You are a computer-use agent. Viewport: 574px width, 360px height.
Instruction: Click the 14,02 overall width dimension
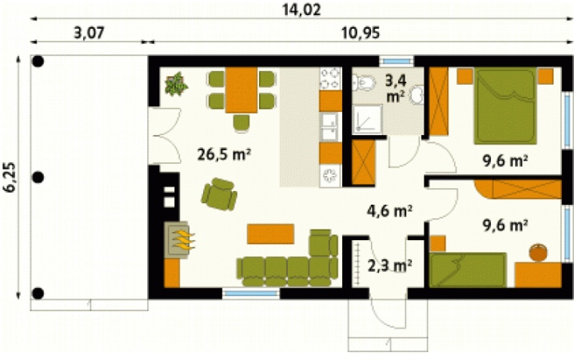301,10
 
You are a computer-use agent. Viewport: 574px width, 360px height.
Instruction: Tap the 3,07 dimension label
90,33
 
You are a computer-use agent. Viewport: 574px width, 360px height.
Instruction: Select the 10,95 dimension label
361,33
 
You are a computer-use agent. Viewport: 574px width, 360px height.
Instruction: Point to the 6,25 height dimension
10,177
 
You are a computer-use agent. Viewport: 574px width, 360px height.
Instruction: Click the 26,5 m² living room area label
224,154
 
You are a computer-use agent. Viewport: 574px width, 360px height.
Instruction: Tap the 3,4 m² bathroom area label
396,88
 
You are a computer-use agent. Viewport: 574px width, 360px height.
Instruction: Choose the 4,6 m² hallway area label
389,211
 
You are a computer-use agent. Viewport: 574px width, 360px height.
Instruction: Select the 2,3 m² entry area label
389,266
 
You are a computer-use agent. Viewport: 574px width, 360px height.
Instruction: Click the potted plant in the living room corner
176,84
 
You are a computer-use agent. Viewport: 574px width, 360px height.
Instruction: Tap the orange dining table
241,90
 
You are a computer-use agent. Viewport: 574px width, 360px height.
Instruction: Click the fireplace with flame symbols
178,240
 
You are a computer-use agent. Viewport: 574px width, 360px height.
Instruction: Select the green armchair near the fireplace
219,194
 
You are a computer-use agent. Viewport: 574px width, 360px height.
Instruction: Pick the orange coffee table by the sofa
270,234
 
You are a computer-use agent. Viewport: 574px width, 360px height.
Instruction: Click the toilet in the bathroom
364,82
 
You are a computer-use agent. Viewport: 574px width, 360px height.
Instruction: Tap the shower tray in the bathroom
368,119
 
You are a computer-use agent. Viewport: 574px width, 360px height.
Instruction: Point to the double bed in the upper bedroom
505,106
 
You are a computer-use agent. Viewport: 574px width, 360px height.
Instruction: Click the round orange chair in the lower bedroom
538,253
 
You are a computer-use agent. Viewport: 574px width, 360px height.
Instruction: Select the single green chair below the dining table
241,122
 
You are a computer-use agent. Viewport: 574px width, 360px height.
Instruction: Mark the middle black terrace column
38,178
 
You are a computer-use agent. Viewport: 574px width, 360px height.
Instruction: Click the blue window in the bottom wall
251,293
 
